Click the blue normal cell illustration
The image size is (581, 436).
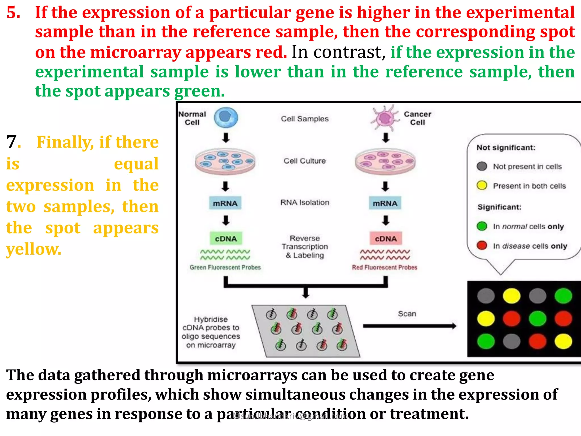226,118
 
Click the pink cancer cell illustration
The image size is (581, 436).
385,118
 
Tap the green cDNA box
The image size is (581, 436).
226,238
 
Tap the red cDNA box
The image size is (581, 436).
386,238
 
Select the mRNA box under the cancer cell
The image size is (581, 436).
385,203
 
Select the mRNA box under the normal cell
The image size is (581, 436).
225,203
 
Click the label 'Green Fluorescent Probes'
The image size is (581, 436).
225,267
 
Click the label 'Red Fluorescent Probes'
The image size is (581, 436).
384,267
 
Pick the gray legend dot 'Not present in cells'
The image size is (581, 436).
482,166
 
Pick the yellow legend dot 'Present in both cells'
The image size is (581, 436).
482,186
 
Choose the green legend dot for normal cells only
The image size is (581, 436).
482,226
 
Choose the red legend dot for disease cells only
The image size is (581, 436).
482,246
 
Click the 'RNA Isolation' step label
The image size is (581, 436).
305,202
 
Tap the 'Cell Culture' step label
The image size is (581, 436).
305,161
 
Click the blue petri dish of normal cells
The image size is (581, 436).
225,162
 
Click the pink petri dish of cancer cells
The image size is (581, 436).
385,162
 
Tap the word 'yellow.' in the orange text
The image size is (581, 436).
34,249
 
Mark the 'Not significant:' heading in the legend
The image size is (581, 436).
506,148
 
